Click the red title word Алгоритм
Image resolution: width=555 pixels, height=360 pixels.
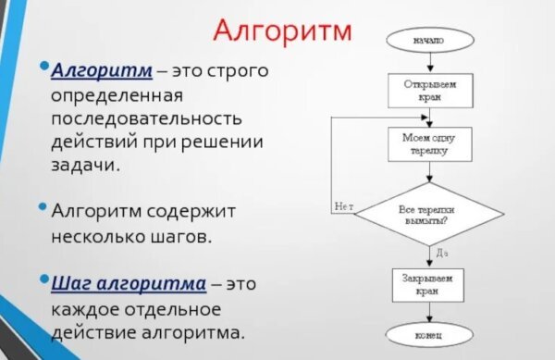(282, 30)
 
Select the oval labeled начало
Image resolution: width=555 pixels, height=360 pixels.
(428, 41)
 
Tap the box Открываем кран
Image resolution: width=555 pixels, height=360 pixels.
(428, 90)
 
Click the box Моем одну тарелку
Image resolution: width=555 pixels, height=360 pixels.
(428, 144)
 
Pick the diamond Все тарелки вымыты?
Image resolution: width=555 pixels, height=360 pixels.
(428, 216)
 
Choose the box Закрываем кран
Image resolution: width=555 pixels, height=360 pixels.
(428, 283)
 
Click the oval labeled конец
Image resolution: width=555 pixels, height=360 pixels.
(428, 333)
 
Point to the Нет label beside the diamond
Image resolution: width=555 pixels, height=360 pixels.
(344, 206)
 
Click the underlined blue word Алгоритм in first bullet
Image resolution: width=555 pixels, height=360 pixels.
(92, 70)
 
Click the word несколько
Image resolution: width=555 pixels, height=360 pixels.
(98, 235)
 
